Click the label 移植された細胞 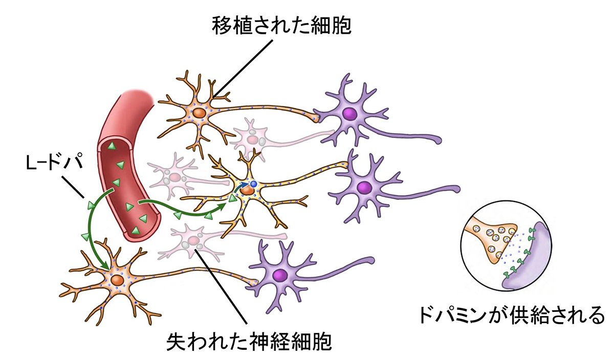coord(281,26)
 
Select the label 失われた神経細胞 coord(249,342)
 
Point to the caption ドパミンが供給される coord(512,316)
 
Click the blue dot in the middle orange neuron coord(254,184)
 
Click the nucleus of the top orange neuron coord(199,113)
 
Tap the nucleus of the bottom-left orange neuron coord(117,280)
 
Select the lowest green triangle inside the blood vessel coord(136,231)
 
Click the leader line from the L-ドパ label coord(73,187)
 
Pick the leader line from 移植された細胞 coord(243,68)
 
